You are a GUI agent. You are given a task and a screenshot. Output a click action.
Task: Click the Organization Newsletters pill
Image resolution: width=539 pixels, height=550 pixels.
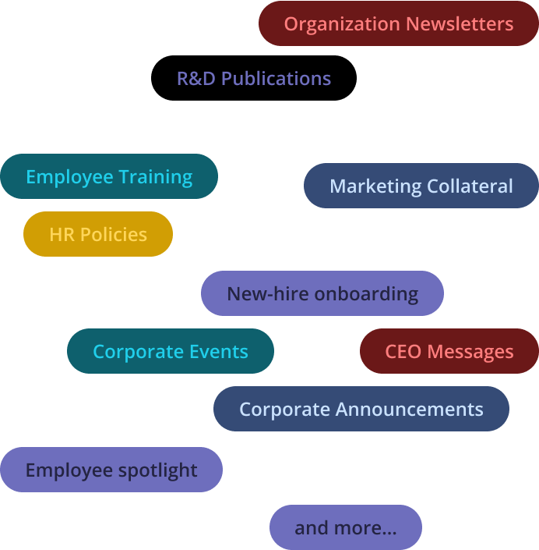click(399, 23)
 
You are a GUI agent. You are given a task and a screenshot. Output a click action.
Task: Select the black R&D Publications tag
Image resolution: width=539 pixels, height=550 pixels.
click(254, 78)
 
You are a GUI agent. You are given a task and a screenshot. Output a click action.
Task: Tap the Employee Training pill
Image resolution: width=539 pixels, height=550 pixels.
click(109, 176)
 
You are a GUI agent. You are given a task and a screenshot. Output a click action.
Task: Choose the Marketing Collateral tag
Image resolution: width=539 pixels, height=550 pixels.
click(421, 186)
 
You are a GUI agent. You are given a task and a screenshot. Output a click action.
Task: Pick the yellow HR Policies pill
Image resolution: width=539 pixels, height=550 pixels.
click(98, 234)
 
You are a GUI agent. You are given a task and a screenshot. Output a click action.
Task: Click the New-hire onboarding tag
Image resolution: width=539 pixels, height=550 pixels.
click(322, 293)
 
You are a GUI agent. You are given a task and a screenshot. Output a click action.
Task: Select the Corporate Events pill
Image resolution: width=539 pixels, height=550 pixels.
click(171, 351)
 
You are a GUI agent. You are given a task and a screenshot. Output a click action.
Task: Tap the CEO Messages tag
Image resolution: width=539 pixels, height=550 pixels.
click(449, 351)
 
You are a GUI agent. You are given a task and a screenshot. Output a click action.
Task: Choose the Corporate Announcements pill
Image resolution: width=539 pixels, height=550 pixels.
click(361, 409)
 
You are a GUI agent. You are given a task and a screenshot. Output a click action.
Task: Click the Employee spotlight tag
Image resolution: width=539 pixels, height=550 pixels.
click(111, 470)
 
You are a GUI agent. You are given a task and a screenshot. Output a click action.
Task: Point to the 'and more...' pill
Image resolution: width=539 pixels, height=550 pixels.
click(346, 527)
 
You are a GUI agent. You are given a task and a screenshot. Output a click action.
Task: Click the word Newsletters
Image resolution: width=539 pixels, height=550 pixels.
click(460, 24)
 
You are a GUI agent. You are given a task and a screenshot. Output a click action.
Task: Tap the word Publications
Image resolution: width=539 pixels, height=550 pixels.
click(277, 78)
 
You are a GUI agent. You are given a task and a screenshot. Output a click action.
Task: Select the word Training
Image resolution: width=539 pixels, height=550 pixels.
click(156, 177)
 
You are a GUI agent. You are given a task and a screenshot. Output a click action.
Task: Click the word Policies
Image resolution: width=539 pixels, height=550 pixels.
click(114, 234)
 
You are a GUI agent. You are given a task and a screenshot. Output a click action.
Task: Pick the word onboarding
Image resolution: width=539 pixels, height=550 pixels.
click(366, 294)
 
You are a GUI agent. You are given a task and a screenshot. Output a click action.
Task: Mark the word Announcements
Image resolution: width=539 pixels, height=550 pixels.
click(410, 410)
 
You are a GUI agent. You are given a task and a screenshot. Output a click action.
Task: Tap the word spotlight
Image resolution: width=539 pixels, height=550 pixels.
click(158, 470)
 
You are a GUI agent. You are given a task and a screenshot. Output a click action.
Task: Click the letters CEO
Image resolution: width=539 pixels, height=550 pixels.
click(403, 352)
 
